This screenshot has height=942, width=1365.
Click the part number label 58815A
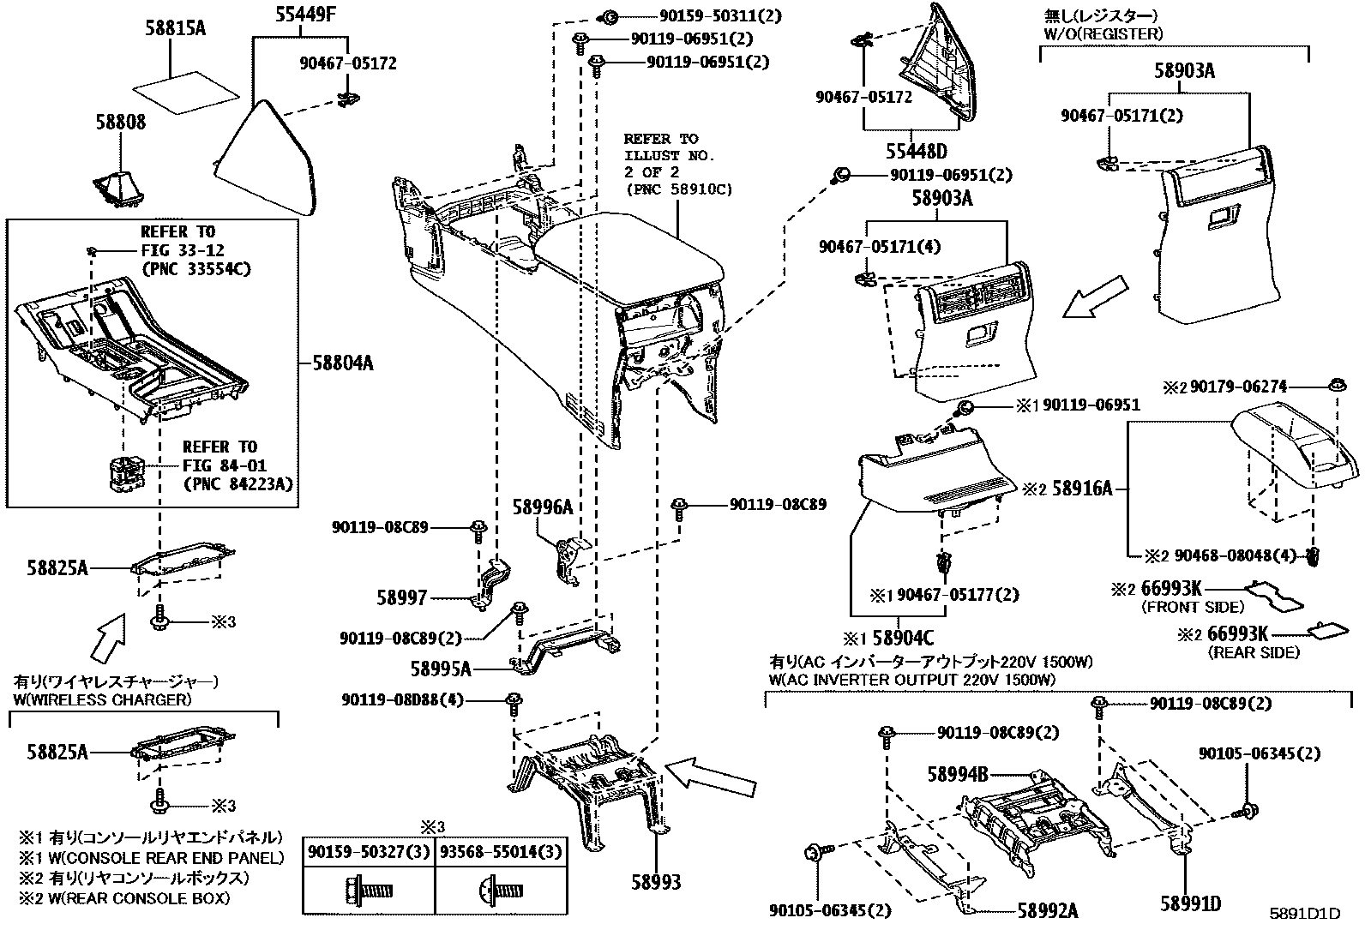point(176,28)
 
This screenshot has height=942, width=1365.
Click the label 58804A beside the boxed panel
point(343,363)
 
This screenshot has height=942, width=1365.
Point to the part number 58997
point(402,597)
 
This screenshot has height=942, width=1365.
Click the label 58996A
point(542,507)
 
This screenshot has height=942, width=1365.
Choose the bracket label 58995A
point(441,669)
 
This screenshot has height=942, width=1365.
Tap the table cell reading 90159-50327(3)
point(369,852)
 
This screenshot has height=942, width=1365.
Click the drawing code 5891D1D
point(1305,914)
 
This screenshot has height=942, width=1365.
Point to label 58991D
point(1191,903)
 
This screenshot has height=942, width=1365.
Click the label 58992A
point(1047,910)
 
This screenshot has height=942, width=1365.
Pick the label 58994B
point(957,774)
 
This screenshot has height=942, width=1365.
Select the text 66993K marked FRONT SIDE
point(1171,589)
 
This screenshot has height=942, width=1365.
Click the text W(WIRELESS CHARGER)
point(102,699)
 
